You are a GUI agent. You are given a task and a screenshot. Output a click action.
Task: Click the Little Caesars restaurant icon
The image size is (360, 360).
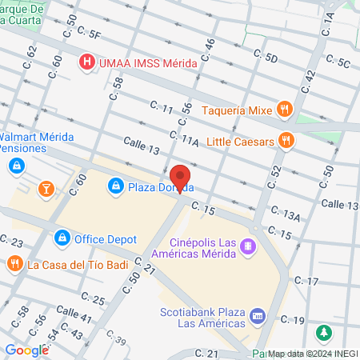pos(288,142)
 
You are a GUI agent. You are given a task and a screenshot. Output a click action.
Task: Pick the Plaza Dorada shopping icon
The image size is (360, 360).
pos(117,186)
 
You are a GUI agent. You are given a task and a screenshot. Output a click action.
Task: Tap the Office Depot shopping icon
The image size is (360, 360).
pos(62,238)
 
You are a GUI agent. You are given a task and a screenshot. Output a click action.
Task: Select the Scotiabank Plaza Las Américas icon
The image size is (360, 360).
pos(258,317)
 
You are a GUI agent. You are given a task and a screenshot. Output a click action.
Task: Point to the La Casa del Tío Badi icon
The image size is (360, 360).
pos(14,263)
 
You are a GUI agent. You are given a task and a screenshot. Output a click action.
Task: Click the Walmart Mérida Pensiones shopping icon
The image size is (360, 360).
pos(16,166)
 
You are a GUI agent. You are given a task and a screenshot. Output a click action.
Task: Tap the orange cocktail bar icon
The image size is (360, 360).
pos(46,188)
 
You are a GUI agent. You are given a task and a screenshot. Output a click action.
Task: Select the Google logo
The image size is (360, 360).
pos(26,350)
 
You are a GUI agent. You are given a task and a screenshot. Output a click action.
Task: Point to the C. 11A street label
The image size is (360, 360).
pos(184,142)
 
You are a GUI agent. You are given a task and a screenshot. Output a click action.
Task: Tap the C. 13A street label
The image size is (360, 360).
pos(285,214)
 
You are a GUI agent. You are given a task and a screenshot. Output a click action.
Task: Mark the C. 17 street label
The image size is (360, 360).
pos(306,281)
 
